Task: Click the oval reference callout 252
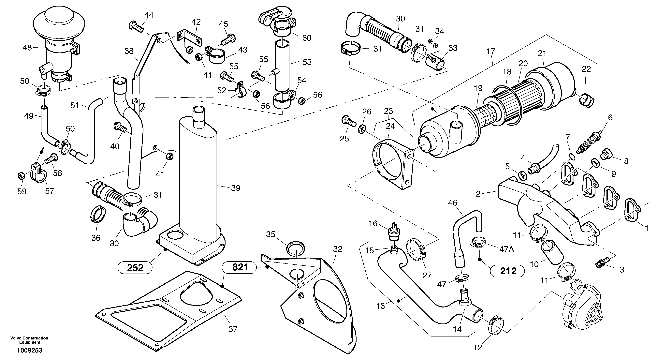135,268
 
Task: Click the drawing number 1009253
30,350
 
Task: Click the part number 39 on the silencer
236,188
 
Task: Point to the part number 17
491,51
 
